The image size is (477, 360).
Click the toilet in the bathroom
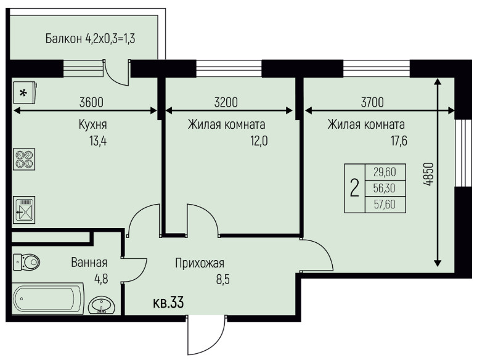(x=26, y=262)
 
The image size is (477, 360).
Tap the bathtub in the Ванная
(x=47, y=298)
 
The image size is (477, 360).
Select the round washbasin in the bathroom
(x=102, y=305)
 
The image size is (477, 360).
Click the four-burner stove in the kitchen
(x=24, y=159)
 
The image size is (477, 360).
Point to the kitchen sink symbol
(x=24, y=210)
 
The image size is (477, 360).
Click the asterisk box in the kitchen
(x=25, y=92)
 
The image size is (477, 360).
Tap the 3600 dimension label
(x=91, y=102)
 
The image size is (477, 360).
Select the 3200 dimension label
(x=226, y=102)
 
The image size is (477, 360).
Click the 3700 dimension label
(x=372, y=102)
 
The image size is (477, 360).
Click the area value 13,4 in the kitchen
(x=98, y=141)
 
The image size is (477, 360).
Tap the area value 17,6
(x=399, y=141)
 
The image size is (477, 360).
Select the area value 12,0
(x=259, y=141)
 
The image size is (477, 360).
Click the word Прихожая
(x=200, y=264)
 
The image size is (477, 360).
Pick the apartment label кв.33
(x=168, y=303)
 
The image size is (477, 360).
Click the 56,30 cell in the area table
(x=385, y=189)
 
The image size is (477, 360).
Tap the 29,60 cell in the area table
(x=385, y=172)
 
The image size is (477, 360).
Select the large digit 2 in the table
(x=354, y=188)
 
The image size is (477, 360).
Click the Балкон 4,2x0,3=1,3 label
(x=91, y=39)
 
